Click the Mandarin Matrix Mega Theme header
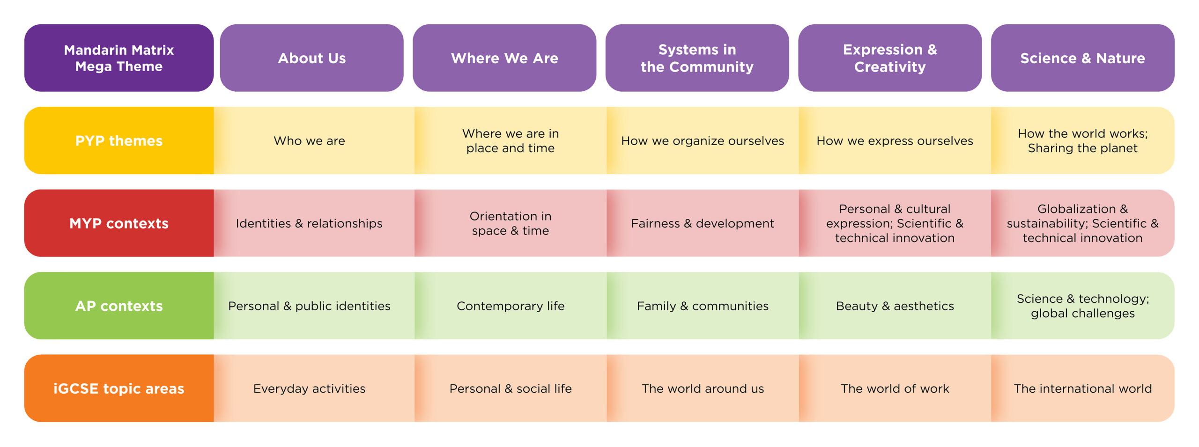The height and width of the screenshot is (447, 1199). pos(119,58)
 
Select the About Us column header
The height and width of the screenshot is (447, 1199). pos(312,58)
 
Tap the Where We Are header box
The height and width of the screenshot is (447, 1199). pos(504,58)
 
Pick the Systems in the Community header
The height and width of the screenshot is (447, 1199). pos(697,58)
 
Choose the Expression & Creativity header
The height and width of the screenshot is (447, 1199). pos(890,58)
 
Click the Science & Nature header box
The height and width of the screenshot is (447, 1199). pos(1083,58)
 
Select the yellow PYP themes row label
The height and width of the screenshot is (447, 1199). pos(119,140)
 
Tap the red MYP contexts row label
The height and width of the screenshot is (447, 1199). pos(119,223)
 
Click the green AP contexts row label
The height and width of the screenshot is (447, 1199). pos(119,306)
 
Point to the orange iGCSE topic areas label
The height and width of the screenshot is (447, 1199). pos(119,388)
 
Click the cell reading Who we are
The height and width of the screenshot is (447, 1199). pos(314,140)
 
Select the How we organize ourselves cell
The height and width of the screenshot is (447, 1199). pos(703,140)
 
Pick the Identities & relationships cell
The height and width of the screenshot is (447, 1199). pos(314,223)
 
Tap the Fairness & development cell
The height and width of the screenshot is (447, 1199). pos(703,223)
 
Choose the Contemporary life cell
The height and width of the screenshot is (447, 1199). pos(511,306)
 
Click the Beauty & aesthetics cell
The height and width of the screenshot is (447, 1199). pos(895,306)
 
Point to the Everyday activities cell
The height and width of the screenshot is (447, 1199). pos(314,388)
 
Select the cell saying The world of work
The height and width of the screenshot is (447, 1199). pos(895,388)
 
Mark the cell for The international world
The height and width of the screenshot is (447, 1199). pos(1083,388)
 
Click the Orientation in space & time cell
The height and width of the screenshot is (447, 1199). pos(511,223)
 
